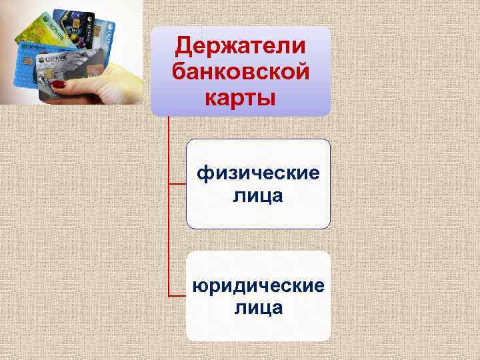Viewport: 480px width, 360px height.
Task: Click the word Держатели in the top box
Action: click(x=240, y=46)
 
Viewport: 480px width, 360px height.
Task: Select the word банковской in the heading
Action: click(x=240, y=71)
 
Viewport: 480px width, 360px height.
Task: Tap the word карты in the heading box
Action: click(x=240, y=96)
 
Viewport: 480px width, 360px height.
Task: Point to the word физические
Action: click(x=258, y=174)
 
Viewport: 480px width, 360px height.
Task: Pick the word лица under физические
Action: click(x=258, y=196)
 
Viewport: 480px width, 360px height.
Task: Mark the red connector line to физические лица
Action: click(x=177, y=184)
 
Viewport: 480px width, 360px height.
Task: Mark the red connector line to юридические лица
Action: click(x=177, y=296)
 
